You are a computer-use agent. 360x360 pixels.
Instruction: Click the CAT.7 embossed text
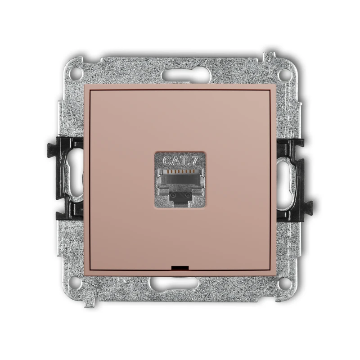pyautogui.click(x=180, y=161)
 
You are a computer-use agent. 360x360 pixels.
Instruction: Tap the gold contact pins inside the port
pyautogui.click(x=180, y=171)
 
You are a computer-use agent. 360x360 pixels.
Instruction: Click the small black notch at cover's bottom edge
pyautogui.click(x=180, y=268)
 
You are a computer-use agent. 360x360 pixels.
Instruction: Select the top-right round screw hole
pyautogui.click(x=285, y=74)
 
